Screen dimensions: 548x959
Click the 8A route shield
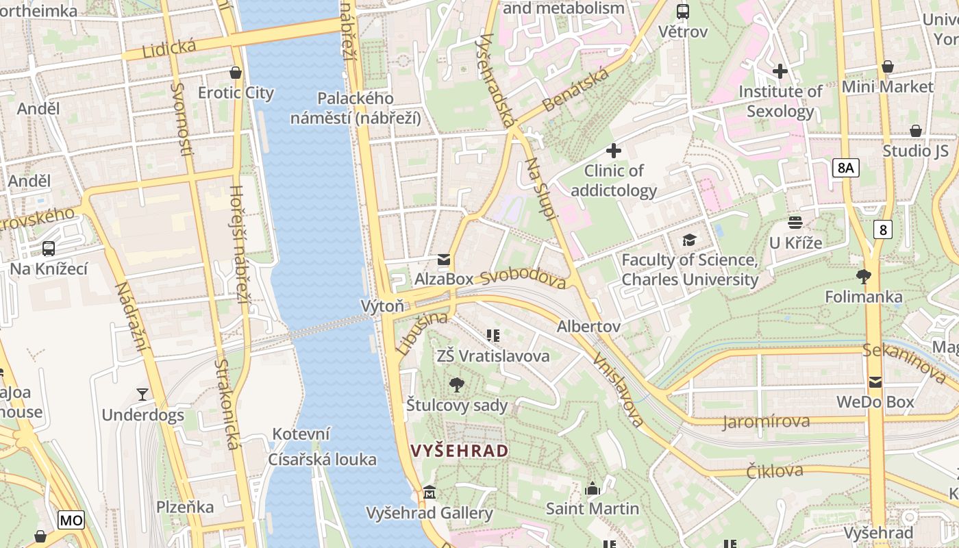click(x=846, y=168)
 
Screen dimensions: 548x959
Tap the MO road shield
click(x=71, y=520)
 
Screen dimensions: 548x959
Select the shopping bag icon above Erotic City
click(x=236, y=72)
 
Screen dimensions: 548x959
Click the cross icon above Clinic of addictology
click(x=614, y=150)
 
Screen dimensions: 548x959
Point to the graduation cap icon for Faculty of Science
click(x=689, y=240)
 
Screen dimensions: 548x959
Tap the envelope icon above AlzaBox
click(x=444, y=259)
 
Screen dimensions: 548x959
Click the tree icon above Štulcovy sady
click(x=457, y=385)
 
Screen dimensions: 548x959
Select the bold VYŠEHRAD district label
click(x=460, y=450)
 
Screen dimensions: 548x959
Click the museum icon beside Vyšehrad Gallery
click(x=429, y=492)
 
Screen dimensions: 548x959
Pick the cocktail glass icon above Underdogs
click(x=142, y=394)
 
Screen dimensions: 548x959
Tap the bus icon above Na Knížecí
click(x=49, y=249)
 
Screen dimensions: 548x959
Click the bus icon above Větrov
click(x=683, y=11)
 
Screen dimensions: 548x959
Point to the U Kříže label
click(x=795, y=242)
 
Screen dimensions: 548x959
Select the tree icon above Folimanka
click(x=864, y=277)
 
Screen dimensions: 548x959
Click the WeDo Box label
click(x=875, y=401)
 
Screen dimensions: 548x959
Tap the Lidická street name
click(x=169, y=49)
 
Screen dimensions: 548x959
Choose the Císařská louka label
click(x=322, y=459)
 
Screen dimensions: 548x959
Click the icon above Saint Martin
click(x=593, y=488)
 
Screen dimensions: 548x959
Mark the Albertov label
click(x=588, y=326)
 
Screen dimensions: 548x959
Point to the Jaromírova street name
click(x=766, y=421)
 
